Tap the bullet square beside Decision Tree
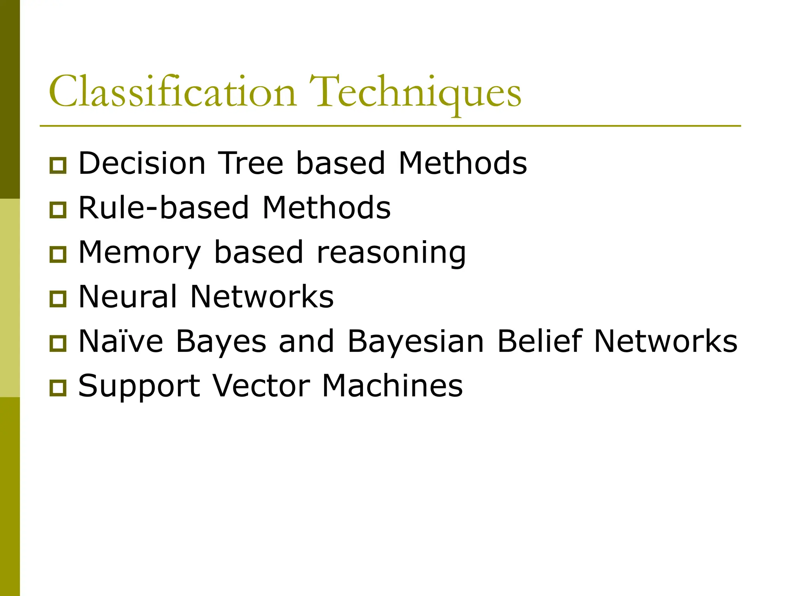pos(58,165)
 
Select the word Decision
pos(142,163)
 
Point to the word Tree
pos(251,163)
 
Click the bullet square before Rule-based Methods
pos(58,210)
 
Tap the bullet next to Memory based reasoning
pos(58,255)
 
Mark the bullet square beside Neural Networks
pos(58,299)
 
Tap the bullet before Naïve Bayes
pos(58,343)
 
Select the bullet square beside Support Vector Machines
pos(58,388)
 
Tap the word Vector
pos(261,386)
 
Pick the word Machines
pos(392,386)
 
